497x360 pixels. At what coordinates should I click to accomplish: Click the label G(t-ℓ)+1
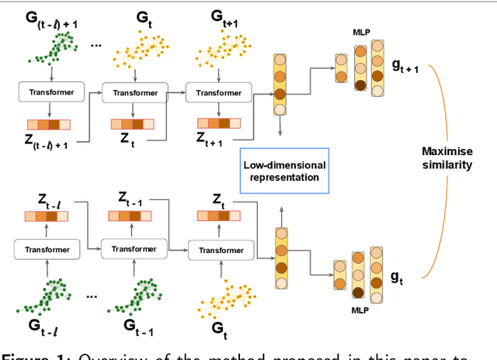tap(49, 19)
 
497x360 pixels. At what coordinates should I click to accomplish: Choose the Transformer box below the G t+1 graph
tap(218, 92)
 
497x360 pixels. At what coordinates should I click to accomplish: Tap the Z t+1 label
tap(219, 143)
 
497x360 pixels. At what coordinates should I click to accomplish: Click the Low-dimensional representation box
tap(284, 171)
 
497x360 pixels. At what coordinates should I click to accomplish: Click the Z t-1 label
tap(133, 199)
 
